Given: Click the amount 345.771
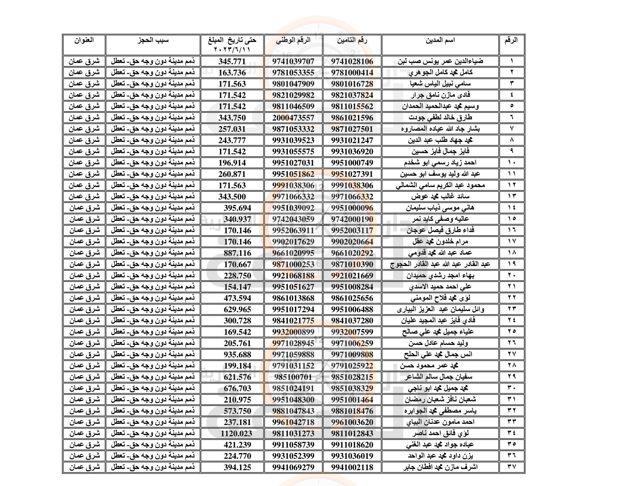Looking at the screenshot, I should tap(232, 61).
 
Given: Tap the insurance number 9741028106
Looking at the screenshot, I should tap(352, 61).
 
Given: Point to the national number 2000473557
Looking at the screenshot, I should tap(293, 118).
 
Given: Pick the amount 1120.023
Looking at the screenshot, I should tap(235, 434).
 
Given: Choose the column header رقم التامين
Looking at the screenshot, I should tap(352, 40).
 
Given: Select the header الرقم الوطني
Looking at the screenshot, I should tap(293, 40).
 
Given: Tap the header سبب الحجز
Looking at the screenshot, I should tap(153, 39).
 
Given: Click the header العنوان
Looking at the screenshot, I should tap(84, 39).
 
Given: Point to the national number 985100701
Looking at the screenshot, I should tap(293, 377).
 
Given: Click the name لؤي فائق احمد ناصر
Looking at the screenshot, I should tap(445, 434).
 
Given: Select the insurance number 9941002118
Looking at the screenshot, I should tap(352, 467).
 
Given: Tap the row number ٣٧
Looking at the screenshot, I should tap(511, 467).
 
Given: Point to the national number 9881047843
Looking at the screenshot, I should tap(293, 411).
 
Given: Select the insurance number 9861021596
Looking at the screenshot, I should tap(352, 118).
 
